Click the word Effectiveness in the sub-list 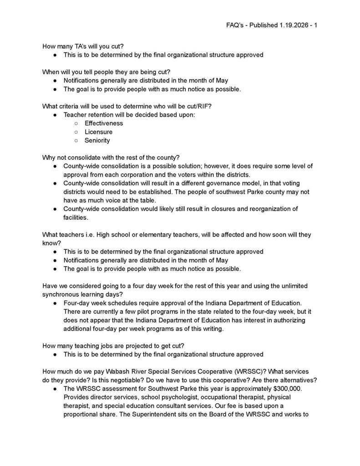[x=104, y=123]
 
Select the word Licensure [x=98, y=132]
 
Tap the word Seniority [x=97, y=141]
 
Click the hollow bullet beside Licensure [x=76, y=132]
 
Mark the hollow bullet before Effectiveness [x=76, y=123]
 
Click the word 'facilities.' [x=76, y=218]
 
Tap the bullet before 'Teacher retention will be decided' [x=55, y=115]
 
